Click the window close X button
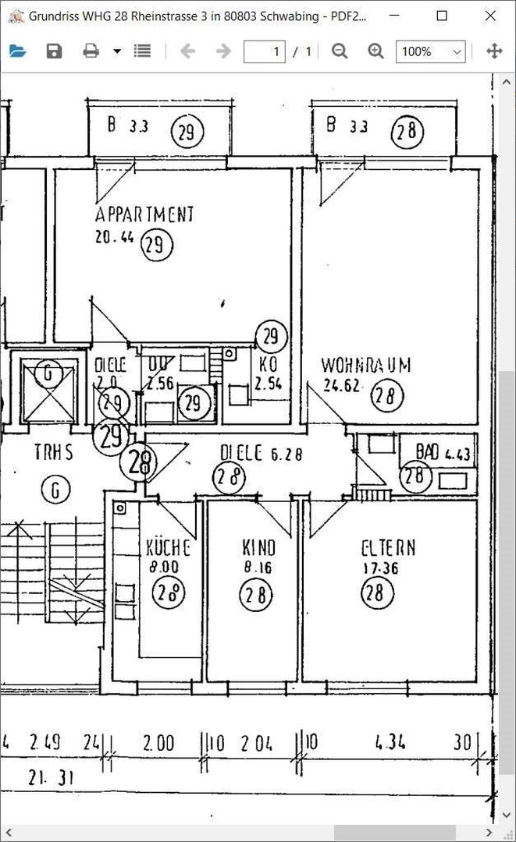[x=490, y=16]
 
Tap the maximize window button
[x=442, y=16]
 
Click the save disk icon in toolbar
[x=54, y=51]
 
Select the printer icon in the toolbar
[x=91, y=51]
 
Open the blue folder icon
[x=17, y=51]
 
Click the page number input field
[x=265, y=51]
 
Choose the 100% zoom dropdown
[x=431, y=51]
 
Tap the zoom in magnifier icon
[x=376, y=51]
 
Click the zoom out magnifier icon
[x=340, y=51]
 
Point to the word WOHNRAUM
[x=365, y=365]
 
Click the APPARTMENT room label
[x=144, y=214]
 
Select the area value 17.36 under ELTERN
[x=380, y=569]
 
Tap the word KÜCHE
[x=167, y=547]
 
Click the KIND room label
[x=258, y=548]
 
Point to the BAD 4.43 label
[x=443, y=453]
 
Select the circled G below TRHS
[x=55, y=490]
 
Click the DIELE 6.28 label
[x=261, y=453]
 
